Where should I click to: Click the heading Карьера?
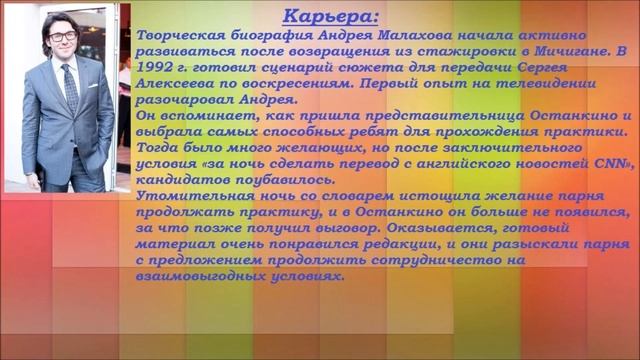(330, 17)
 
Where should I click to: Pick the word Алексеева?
(172, 83)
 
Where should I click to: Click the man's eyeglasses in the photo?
(62, 37)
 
